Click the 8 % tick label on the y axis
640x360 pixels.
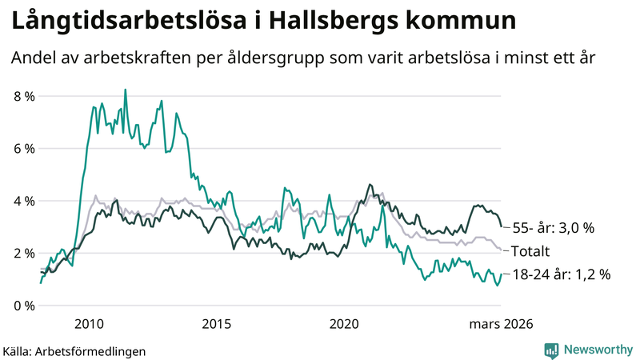(24, 96)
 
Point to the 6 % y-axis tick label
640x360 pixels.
(24, 149)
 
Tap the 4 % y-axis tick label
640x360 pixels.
(24, 201)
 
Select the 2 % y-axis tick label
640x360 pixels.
(24, 254)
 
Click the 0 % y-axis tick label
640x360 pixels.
(24, 306)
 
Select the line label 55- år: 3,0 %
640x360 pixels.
(553, 228)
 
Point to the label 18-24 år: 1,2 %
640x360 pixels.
(561, 274)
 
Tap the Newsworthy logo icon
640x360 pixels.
(551, 350)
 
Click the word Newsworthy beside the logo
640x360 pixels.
(597, 350)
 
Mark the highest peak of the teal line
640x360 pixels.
(125, 90)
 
